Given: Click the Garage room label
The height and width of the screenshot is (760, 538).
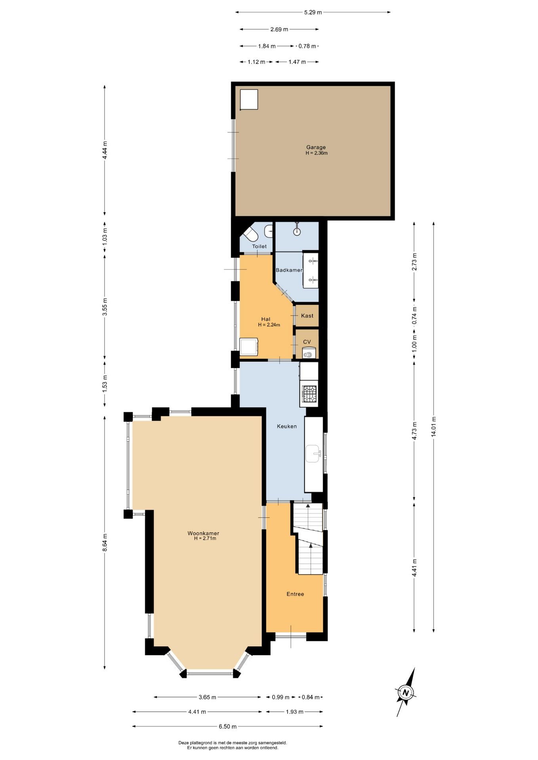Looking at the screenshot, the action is pyautogui.click(x=316, y=147).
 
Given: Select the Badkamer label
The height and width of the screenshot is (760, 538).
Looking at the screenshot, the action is pyautogui.click(x=289, y=270).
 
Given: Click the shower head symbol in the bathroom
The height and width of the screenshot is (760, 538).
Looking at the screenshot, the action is pyautogui.click(x=297, y=231).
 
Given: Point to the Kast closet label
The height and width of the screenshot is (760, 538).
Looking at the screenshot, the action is pyautogui.click(x=307, y=315).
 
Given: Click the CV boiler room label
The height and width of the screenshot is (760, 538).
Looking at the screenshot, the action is pyautogui.click(x=307, y=342).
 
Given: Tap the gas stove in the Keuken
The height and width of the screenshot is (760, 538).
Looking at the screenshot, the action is pyautogui.click(x=309, y=393).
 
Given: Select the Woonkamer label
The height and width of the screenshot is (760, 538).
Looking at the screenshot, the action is pyautogui.click(x=203, y=533).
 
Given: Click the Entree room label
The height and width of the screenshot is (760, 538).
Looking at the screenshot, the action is pyautogui.click(x=295, y=594).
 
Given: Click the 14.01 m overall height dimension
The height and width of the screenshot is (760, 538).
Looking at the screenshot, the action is pyautogui.click(x=434, y=426).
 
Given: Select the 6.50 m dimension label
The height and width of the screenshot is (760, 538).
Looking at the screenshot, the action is pyautogui.click(x=228, y=726).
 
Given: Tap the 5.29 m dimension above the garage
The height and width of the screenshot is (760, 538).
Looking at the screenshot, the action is pyautogui.click(x=313, y=12).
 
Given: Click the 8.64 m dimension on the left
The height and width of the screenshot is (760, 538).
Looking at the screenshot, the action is pyautogui.click(x=105, y=542).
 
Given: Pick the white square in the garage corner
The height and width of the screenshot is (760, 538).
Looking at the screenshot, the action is pyautogui.click(x=249, y=99).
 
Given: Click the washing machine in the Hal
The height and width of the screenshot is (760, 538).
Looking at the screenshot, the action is pyautogui.click(x=249, y=347).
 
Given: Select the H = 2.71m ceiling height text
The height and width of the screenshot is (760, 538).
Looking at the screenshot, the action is pyautogui.click(x=205, y=538).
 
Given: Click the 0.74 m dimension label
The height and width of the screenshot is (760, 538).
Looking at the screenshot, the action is pyautogui.click(x=414, y=315).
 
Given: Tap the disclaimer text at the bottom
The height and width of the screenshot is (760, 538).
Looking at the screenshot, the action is pyautogui.click(x=233, y=745).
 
